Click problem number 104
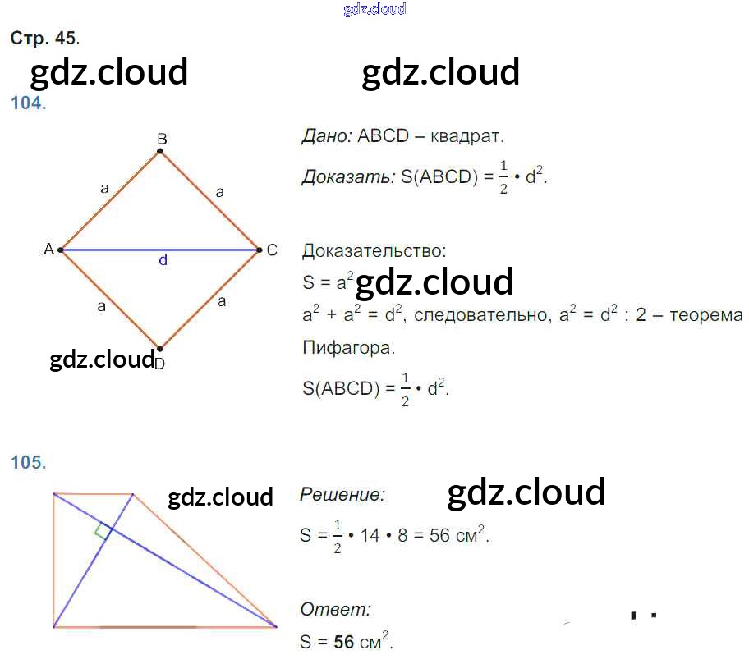point(28,103)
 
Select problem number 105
point(28,462)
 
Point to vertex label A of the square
point(48,249)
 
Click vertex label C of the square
point(272,250)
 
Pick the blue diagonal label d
point(163,260)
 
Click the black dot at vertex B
point(160,151)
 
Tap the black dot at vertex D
point(159,348)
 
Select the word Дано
point(326,135)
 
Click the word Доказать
point(347,176)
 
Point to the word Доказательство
point(374,250)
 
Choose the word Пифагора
point(348,347)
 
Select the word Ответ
point(335,609)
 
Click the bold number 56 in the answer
point(342,642)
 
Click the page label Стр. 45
point(44,38)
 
